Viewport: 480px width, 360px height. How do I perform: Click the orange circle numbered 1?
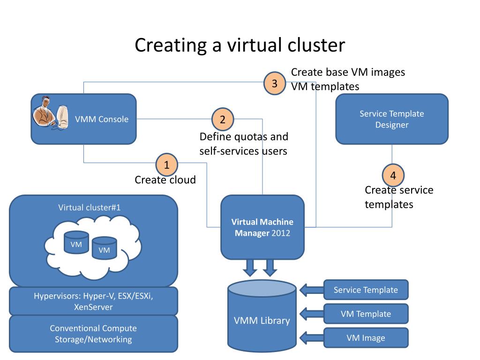pos(166,165)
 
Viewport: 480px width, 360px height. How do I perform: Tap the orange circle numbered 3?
pos(275,84)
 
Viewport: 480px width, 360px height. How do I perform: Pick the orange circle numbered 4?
pos(393,176)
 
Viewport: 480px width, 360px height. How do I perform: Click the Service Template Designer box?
pos(392,119)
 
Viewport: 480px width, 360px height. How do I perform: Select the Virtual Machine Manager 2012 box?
pos(262,227)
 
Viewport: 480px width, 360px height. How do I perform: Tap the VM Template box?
pos(366,314)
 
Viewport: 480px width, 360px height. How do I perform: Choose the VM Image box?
pos(366,338)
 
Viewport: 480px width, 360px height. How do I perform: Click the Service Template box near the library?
pos(366,290)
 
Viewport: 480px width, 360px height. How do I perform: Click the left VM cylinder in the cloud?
pos(76,242)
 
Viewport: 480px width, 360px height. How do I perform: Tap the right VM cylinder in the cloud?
pos(104,247)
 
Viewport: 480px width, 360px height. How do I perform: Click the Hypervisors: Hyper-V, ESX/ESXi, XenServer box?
pos(93,301)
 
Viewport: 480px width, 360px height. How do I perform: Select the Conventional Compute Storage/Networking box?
pos(93,334)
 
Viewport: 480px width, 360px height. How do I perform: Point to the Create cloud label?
pos(165,180)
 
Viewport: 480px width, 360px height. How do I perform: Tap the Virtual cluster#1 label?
pos(89,207)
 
